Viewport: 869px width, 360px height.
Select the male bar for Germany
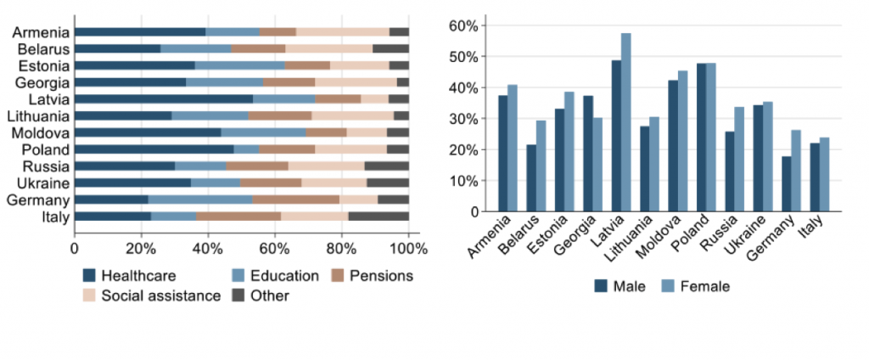click(x=787, y=183)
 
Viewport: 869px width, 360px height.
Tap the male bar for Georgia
click(x=588, y=154)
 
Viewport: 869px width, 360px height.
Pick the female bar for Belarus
click(x=541, y=166)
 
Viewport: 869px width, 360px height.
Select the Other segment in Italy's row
click(x=378, y=217)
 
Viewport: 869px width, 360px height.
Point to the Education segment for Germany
click(x=200, y=200)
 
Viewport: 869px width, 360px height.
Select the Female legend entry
click(x=695, y=286)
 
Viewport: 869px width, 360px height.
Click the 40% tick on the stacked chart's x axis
click(x=207, y=248)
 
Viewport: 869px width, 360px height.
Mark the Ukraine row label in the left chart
click(x=43, y=183)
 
